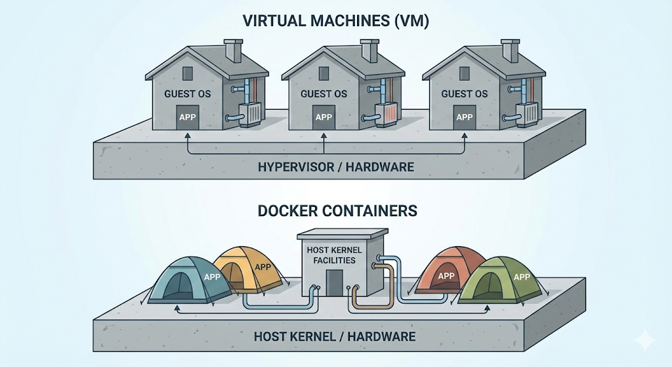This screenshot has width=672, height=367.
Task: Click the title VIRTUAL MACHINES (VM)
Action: point(335,20)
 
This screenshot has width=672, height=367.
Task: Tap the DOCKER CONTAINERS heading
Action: point(337,211)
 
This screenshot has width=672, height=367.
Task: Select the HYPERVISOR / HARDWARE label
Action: point(335,166)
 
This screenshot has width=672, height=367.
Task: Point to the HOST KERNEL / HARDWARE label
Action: point(335,336)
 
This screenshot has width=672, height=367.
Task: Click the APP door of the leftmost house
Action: point(188,119)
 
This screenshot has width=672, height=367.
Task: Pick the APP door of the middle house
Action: point(324,118)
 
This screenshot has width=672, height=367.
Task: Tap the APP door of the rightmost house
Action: point(464,119)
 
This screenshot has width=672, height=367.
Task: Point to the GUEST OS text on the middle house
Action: point(324,94)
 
